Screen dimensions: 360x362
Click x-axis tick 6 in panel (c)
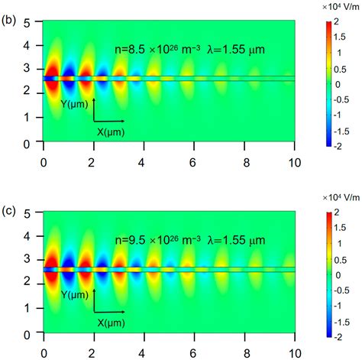pyautogui.click(x=195, y=349)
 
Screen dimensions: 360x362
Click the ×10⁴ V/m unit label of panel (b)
pyautogui.click(x=335, y=6)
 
